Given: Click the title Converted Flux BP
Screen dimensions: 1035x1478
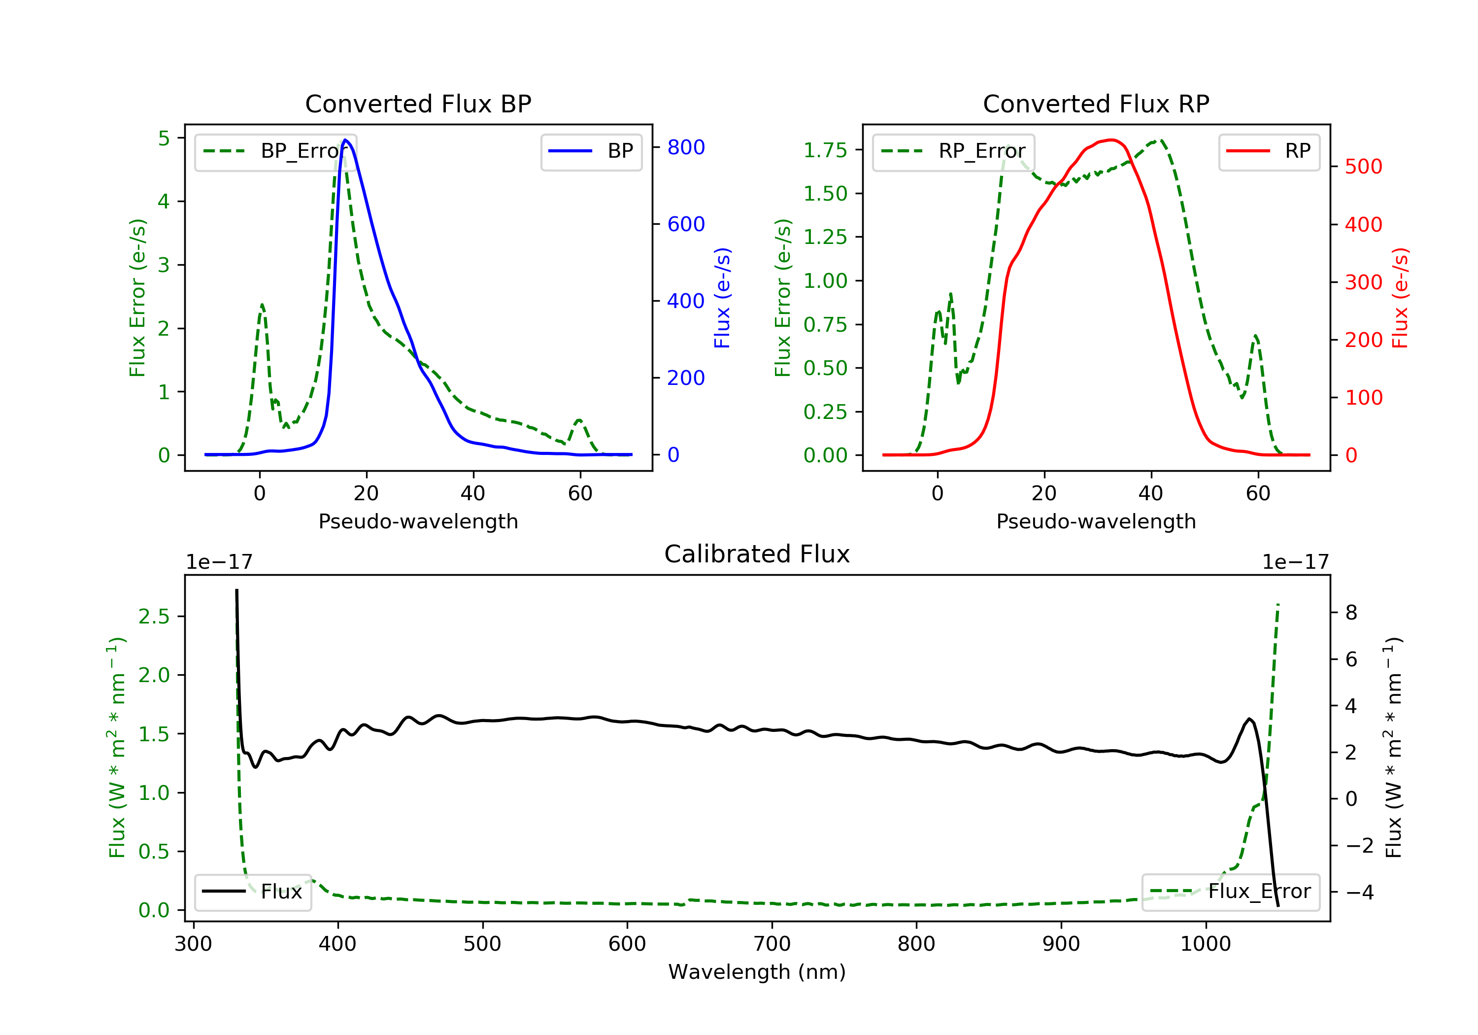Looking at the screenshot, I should pos(418,103).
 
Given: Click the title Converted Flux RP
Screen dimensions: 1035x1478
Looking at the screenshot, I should pos(1096,103).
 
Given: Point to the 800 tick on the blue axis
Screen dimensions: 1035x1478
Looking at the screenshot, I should pos(686,147).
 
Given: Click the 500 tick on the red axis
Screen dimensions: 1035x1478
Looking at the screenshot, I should pos(1363,167).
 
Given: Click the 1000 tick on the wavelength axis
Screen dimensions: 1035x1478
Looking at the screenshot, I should pos(1205,944).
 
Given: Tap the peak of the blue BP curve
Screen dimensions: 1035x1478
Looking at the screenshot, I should pos(346,140).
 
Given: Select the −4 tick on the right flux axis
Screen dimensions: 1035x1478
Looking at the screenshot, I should pos(1360,892).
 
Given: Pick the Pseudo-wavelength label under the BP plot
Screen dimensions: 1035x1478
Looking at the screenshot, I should pos(418,521).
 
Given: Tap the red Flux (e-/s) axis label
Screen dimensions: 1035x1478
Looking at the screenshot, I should pos(1400,298).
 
